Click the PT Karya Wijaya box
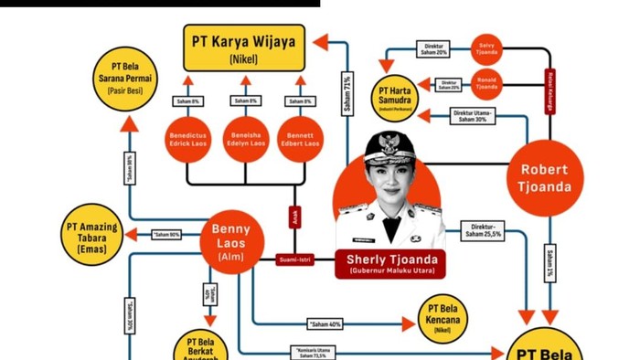point(243,48)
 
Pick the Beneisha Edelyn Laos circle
point(244,139)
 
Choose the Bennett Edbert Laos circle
point(301,139)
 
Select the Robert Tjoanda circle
point(545,177)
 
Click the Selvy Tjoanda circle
point(487,48)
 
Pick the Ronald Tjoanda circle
point(487,85)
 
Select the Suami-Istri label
point(295,260)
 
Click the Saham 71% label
point(347,94)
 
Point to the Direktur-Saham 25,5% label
point(484,229)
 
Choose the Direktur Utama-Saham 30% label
point(473,117)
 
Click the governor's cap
point(390,146)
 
